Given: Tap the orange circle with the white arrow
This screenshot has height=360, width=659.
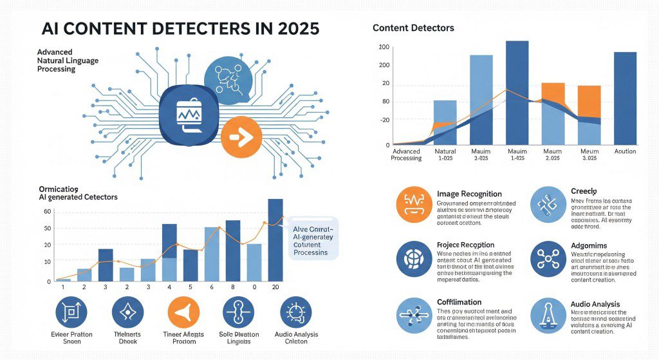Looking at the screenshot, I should pyautogui.click(x=241, y=137).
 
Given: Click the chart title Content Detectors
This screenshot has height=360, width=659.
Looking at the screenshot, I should pyautogui.click(x=413, y=28).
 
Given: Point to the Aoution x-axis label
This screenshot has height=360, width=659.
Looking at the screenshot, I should pyautogui.click(x=625, y=151).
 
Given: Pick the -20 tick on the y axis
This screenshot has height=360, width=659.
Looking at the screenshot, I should pyautogui.click(x=384, y=120).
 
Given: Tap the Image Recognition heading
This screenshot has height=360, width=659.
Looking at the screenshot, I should pyautogui.click(x=469, y=194).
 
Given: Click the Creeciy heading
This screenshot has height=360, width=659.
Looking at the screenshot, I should pyautogui.click(x=585, y=192).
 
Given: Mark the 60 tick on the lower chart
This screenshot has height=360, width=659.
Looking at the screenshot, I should pyautogui.click(x=47, y=211).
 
